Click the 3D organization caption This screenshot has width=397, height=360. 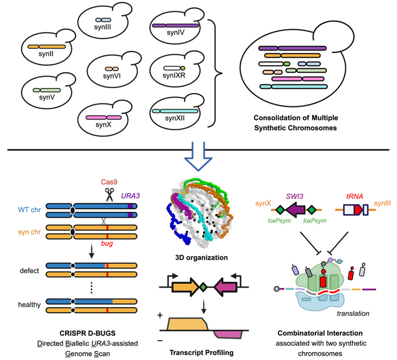[x=200, y=259]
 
